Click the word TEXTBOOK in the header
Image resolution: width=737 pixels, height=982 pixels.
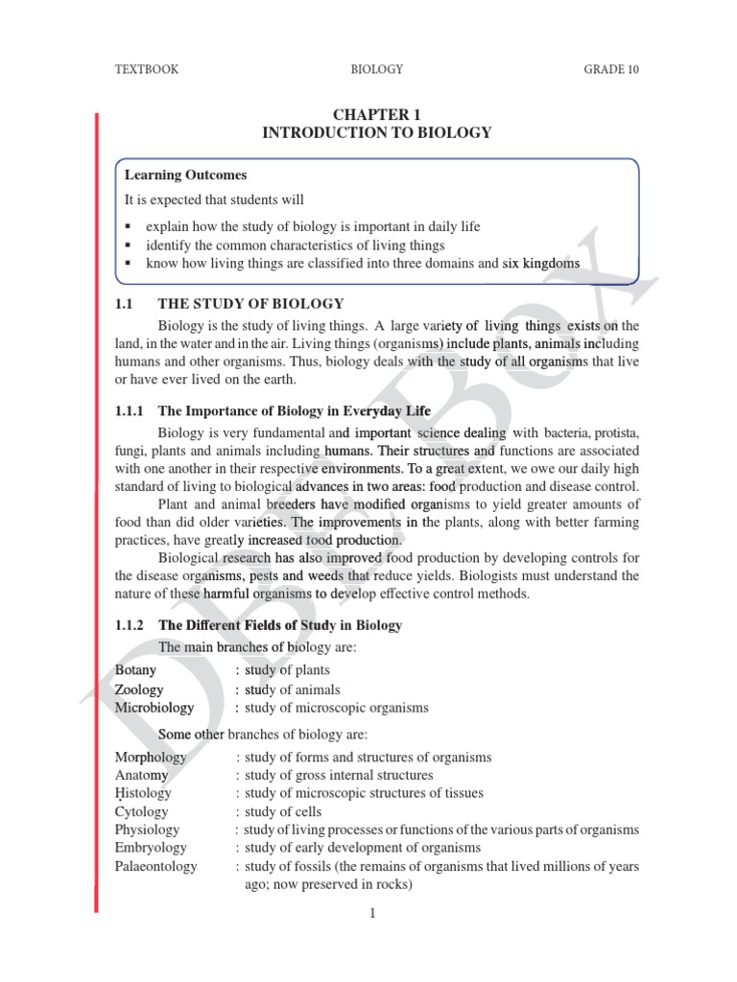tap(147, 69)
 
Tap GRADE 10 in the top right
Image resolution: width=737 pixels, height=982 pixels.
tap(611, 69)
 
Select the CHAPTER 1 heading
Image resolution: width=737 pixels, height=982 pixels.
tap(376, 115)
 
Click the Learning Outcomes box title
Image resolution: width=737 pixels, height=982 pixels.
tap(185, 175)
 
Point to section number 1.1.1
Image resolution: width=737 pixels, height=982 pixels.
tap(129, 411)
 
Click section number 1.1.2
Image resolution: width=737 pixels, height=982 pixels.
tap(129, 625)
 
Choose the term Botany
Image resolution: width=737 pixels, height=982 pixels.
tap(135, 670)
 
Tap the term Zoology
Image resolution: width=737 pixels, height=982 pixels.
tap(139, 690)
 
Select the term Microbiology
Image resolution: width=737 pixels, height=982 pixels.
tap(154, 708)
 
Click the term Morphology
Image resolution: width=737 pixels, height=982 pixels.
tap(151, 757)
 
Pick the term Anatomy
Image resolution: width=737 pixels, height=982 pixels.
tap(141, 775)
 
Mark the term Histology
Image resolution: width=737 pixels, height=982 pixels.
tap(143, 793)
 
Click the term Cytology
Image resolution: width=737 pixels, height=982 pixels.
tap(141, 811)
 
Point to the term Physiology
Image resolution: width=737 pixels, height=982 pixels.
tap(147, 830)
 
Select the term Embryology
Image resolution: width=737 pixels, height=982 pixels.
tap(151, 848)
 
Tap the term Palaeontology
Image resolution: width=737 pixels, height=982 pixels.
tap(155, 866)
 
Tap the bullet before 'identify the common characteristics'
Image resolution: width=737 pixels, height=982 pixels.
tap(128, 245)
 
